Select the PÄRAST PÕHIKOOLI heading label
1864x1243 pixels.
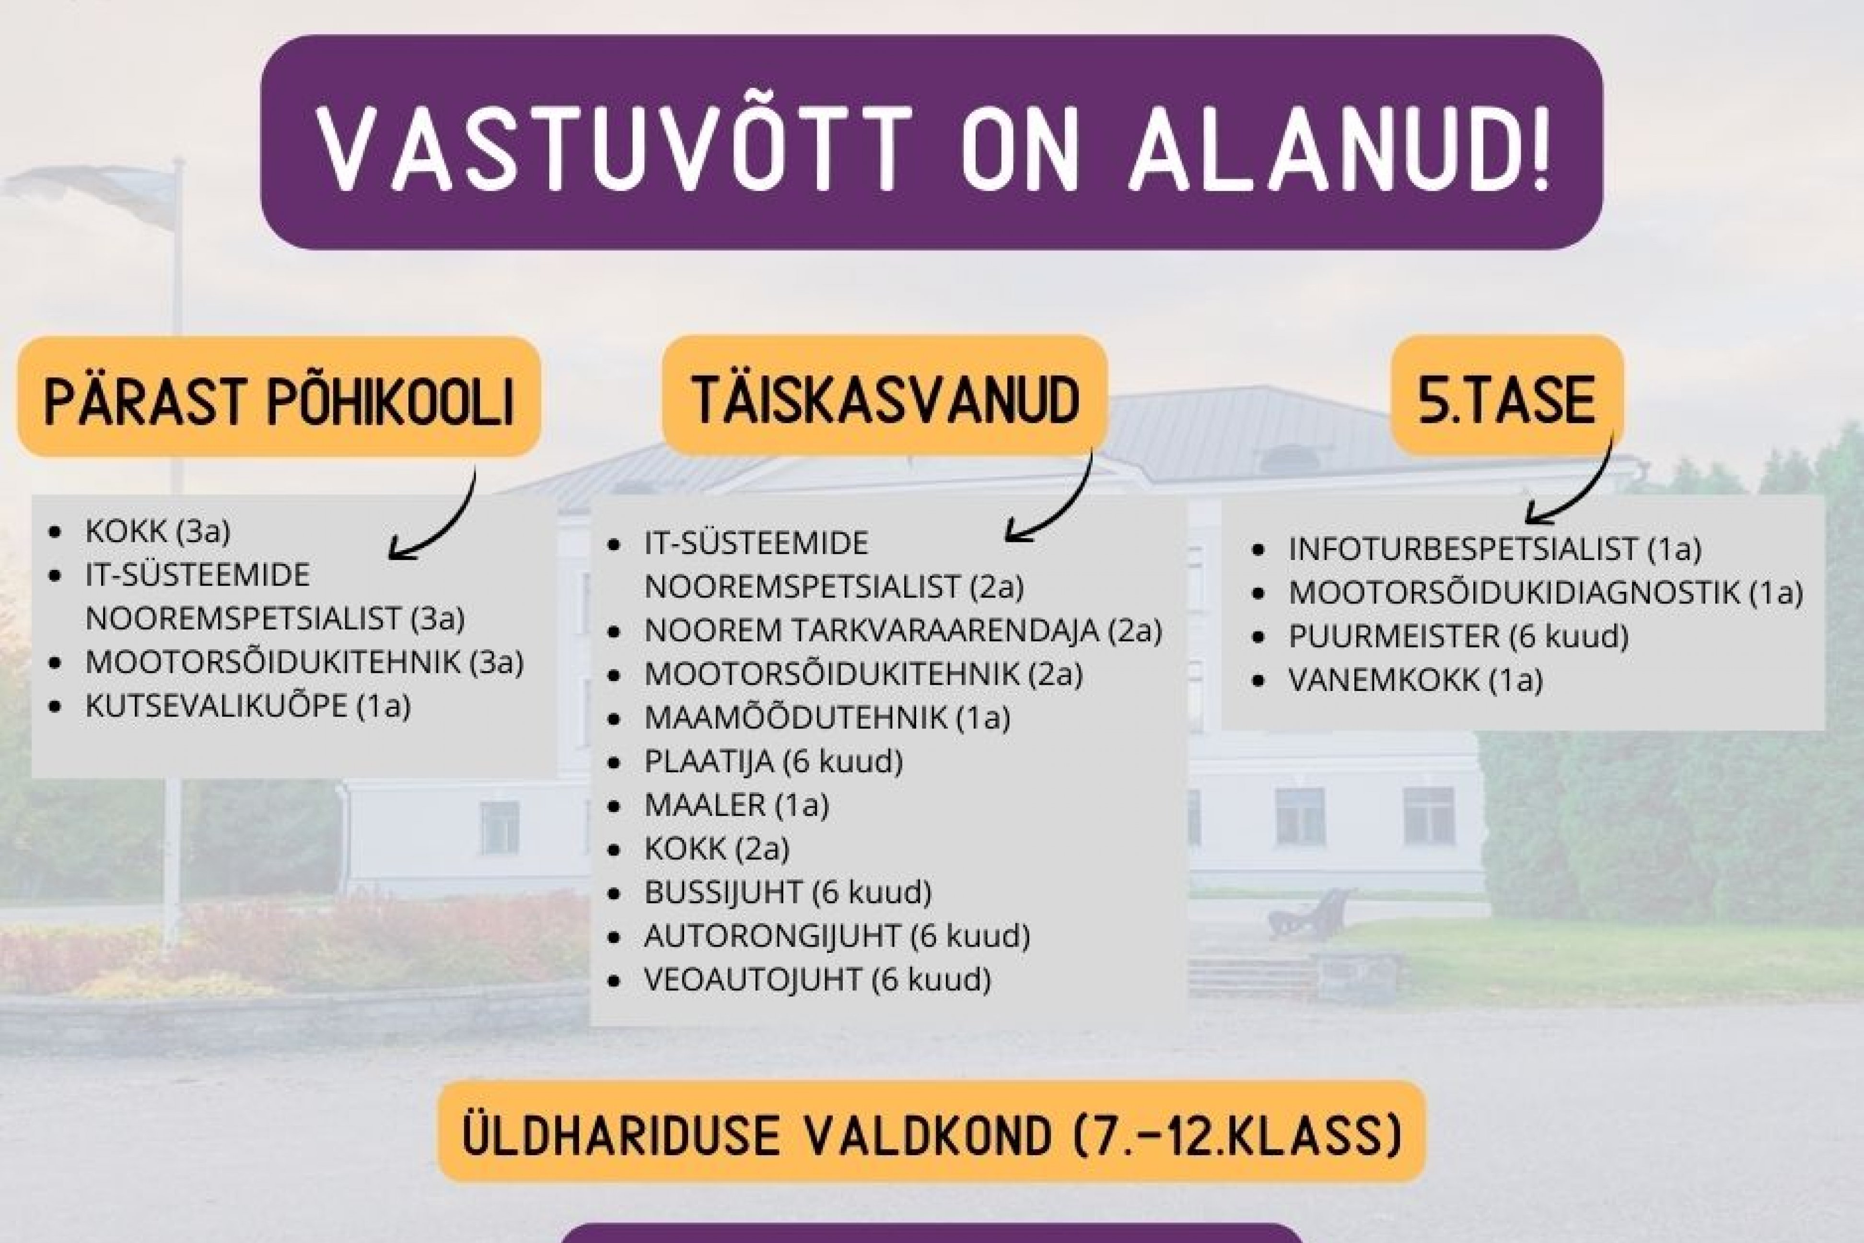[x=279, y=397]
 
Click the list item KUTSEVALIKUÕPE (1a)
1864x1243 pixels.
[x=248, y=705]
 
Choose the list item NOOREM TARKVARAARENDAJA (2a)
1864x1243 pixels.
[x=903, y=630]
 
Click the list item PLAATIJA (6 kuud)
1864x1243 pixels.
[x=773, y=761]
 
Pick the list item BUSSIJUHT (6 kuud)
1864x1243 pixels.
[x=788, y=892]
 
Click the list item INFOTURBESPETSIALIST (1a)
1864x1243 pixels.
[x=1495, y=549]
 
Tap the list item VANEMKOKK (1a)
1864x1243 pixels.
[x=1415, y=680]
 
